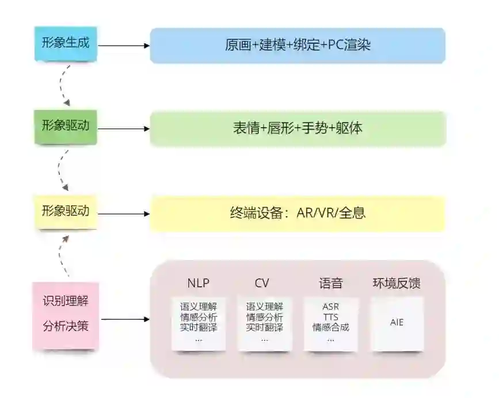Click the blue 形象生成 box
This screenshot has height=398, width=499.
(x=66, y=43)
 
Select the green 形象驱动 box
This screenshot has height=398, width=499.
(x=66, y=126)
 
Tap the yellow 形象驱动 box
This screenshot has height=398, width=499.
(x=66, y=211)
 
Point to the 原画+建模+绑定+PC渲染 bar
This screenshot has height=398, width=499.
(x=298, y=45)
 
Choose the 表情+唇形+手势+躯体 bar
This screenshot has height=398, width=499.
(x=298, y=128)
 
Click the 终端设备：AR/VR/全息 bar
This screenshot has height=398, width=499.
(x=298, y=213)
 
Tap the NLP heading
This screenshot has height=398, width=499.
(x=199, y=283)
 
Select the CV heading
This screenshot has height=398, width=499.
(x=262, y=283)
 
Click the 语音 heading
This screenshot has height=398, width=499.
(x=331, y=283)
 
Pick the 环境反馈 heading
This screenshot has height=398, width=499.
(x=397, y=283)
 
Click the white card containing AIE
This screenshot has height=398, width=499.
(x=397, y=323)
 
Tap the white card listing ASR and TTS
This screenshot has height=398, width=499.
(x=331, y=323)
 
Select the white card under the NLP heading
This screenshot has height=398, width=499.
(x=199, y=323)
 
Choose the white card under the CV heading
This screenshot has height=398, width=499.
(x=265, y=323)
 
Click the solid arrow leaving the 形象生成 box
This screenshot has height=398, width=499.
(x=123, y=45)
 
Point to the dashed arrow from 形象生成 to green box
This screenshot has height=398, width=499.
(x=62, y=85)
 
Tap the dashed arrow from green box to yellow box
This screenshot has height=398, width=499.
(x=60, y=170)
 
